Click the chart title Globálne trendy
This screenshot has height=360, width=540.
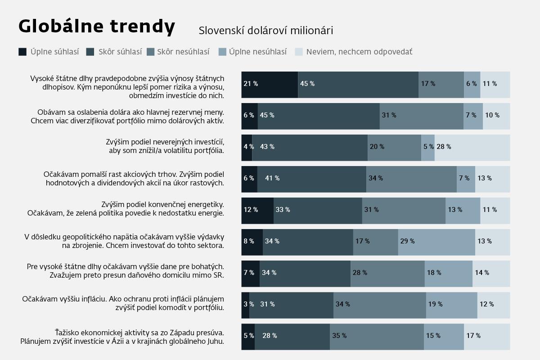(x=97, y=27)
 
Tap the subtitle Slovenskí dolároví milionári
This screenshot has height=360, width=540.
(x=265, y=31)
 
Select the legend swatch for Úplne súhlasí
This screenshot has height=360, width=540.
(x=22, y=52)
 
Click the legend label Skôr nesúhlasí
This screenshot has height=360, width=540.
(x=183, y=52)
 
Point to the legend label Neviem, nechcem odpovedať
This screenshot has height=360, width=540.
(x=359, y=52)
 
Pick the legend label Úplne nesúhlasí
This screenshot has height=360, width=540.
(x=258, y=52)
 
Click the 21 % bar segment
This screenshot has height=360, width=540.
(x=270, y=85)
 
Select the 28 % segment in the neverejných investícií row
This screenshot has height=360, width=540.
(x=472, y=148)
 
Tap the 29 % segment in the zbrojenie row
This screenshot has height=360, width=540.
(x=436, y=242)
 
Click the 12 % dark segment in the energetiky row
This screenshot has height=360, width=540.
(x=257, y=211)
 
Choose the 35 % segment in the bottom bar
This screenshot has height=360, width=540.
(x=377, y=337)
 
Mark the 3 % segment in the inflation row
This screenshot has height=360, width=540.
(x=245, y=305)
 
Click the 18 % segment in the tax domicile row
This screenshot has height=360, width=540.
(x=448, y=274)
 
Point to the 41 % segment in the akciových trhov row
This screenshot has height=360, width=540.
(x=312, y=179)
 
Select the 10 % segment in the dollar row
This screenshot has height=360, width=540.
(x=496, y=116)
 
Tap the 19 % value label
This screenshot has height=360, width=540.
(x=435, y=304)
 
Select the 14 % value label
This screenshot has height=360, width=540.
(x=482, y=272)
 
